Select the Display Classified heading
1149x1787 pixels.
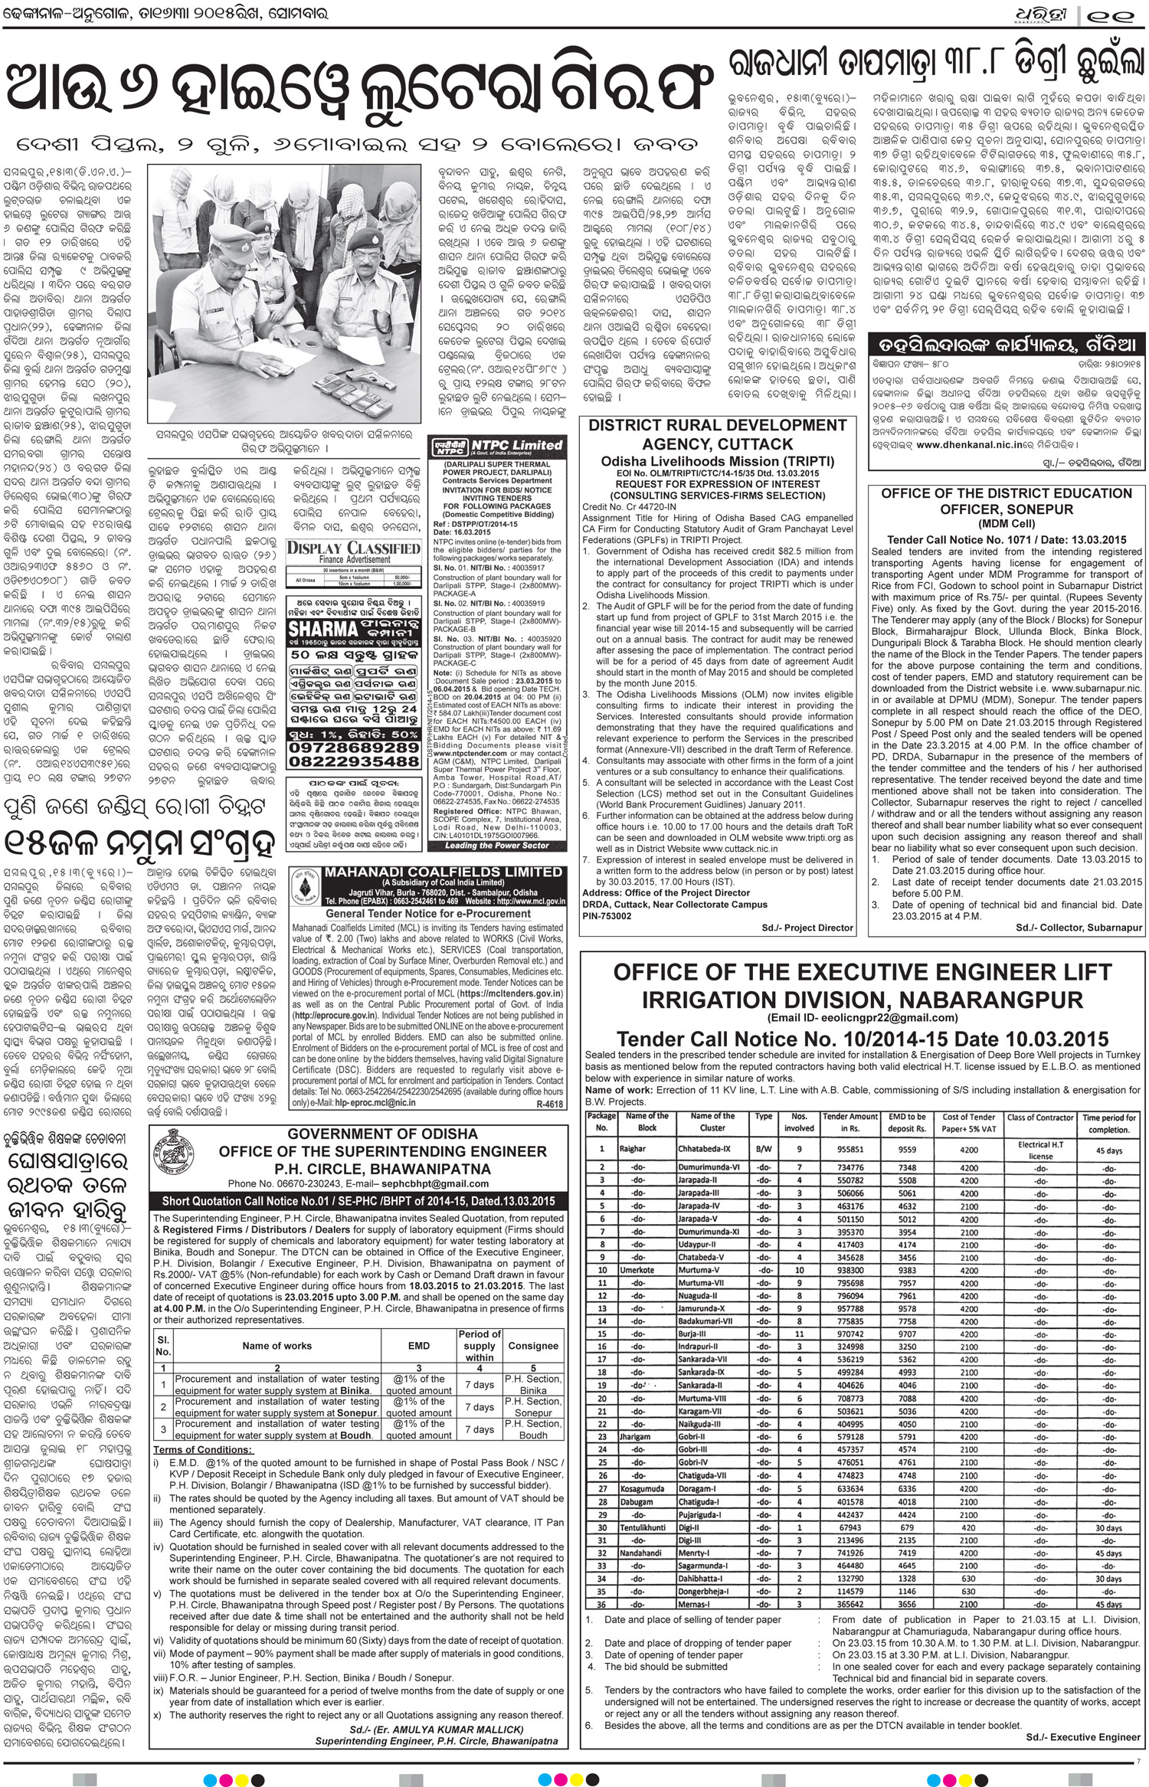pos(353,548)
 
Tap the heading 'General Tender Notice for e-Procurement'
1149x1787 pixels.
pos(428,914)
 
